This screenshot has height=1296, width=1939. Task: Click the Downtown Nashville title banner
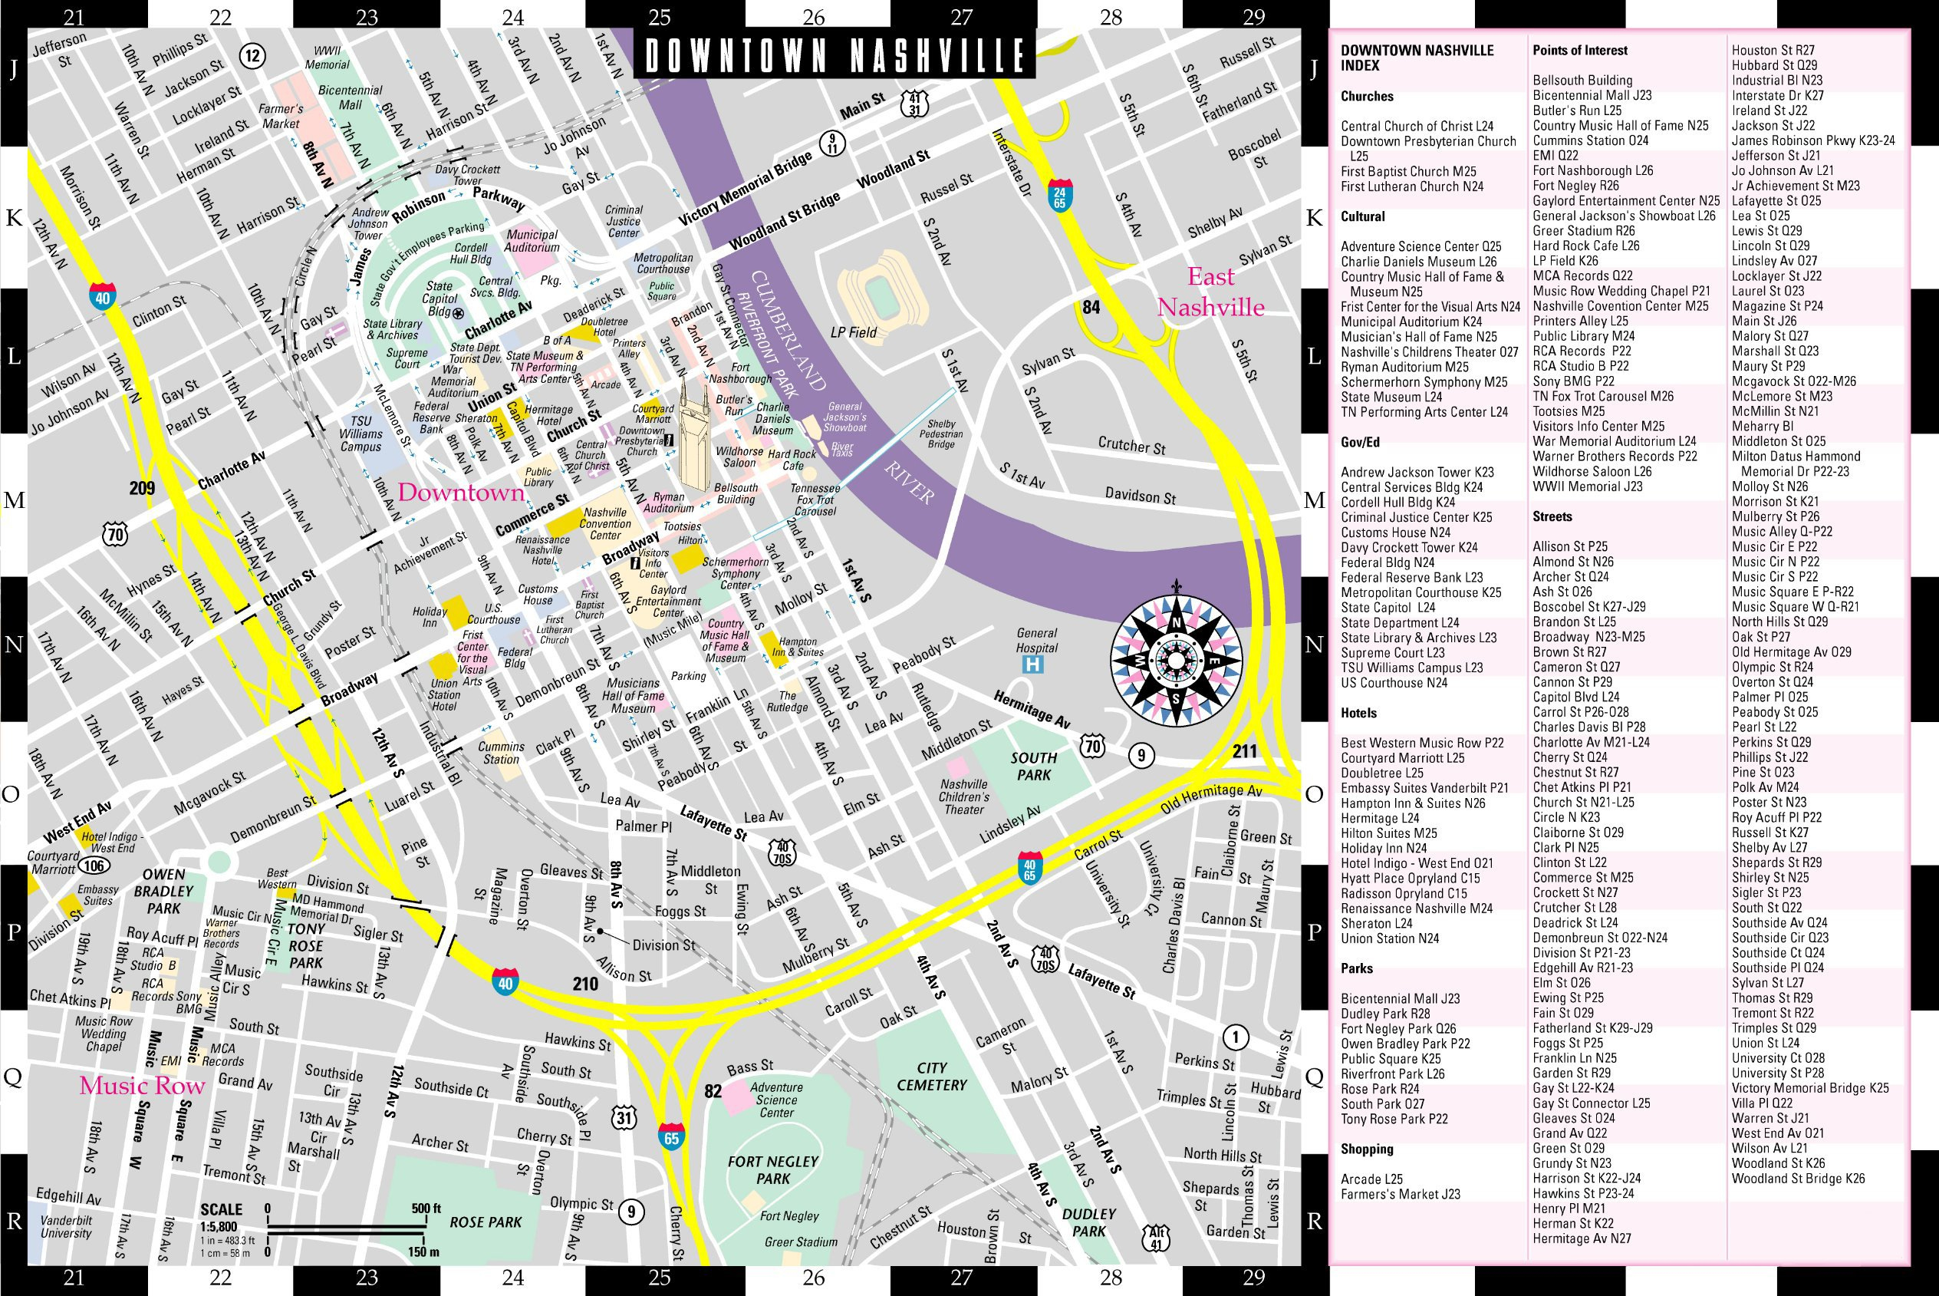[x=835, y=55]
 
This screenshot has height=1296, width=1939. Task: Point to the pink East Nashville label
[x=1210, y=292]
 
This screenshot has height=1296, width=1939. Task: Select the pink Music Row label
[x=141, y=1085]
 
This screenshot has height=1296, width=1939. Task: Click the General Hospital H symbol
[x=1033, y=663]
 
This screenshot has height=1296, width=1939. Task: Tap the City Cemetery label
[x=931, y=1076]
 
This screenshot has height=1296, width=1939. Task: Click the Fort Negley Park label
[x=772, y=1169]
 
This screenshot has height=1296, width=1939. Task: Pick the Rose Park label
[x=485, y=1222]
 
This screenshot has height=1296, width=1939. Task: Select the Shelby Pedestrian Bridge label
[x=941, y=434]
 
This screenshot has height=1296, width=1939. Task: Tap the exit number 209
[x=142, y=488]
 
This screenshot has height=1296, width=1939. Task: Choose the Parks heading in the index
[x=1357, y=968]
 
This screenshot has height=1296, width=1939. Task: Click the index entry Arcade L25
[x=1371, y=1179]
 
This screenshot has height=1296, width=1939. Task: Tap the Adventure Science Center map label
[x=776, y=1100]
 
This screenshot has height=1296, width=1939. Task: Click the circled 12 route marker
[x=252, y=56]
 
